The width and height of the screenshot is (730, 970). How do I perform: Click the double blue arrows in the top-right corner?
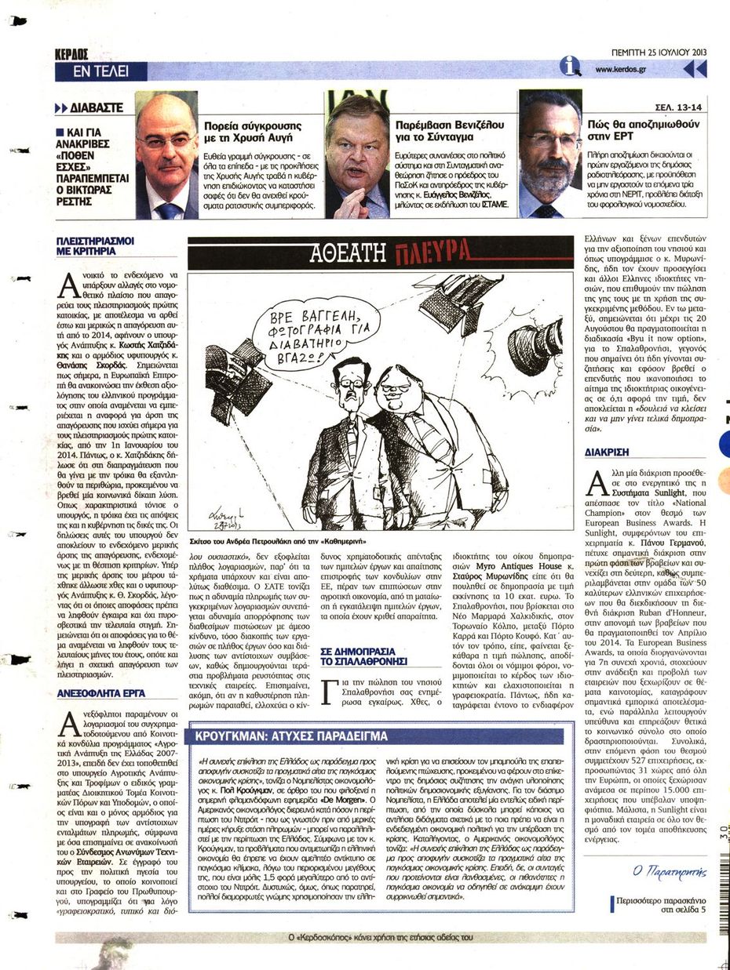pyautogui.click(x=695, y=69)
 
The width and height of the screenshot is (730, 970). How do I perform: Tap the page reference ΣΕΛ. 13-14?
pyautogui.click(x=679, y=108)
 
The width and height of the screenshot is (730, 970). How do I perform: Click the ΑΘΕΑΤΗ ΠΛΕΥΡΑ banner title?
pyautogui.click(x=380, y=251)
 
